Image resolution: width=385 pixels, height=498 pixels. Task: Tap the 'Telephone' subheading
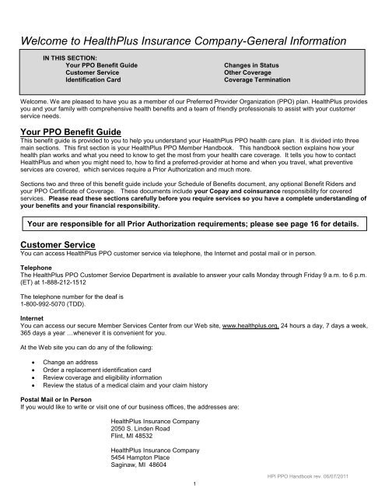coord(35,293)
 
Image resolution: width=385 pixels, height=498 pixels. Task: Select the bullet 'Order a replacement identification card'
coord(121,397)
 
